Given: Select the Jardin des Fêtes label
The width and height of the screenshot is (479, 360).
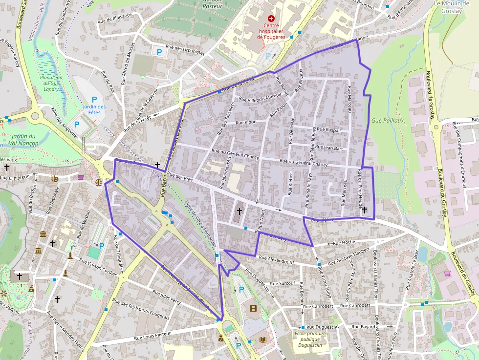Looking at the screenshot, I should point(94,110).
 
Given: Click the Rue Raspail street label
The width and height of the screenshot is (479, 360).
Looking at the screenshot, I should point(328,130).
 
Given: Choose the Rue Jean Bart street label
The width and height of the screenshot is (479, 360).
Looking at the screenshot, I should point(329,147).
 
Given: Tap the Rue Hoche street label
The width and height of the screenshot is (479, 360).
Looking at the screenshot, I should point(344,242).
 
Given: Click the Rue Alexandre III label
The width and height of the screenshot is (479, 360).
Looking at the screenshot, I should point(276,260).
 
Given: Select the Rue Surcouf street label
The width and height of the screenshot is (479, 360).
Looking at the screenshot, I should point(283,283).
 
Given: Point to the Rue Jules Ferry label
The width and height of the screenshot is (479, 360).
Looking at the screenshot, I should point(167,298).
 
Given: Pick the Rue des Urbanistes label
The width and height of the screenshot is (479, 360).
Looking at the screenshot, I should point(185,49).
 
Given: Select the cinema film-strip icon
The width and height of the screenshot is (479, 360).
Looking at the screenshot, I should point(253,308).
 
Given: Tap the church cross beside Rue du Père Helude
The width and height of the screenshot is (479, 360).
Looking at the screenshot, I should point(365,210).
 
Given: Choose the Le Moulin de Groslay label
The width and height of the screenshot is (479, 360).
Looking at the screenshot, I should point(451,6).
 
